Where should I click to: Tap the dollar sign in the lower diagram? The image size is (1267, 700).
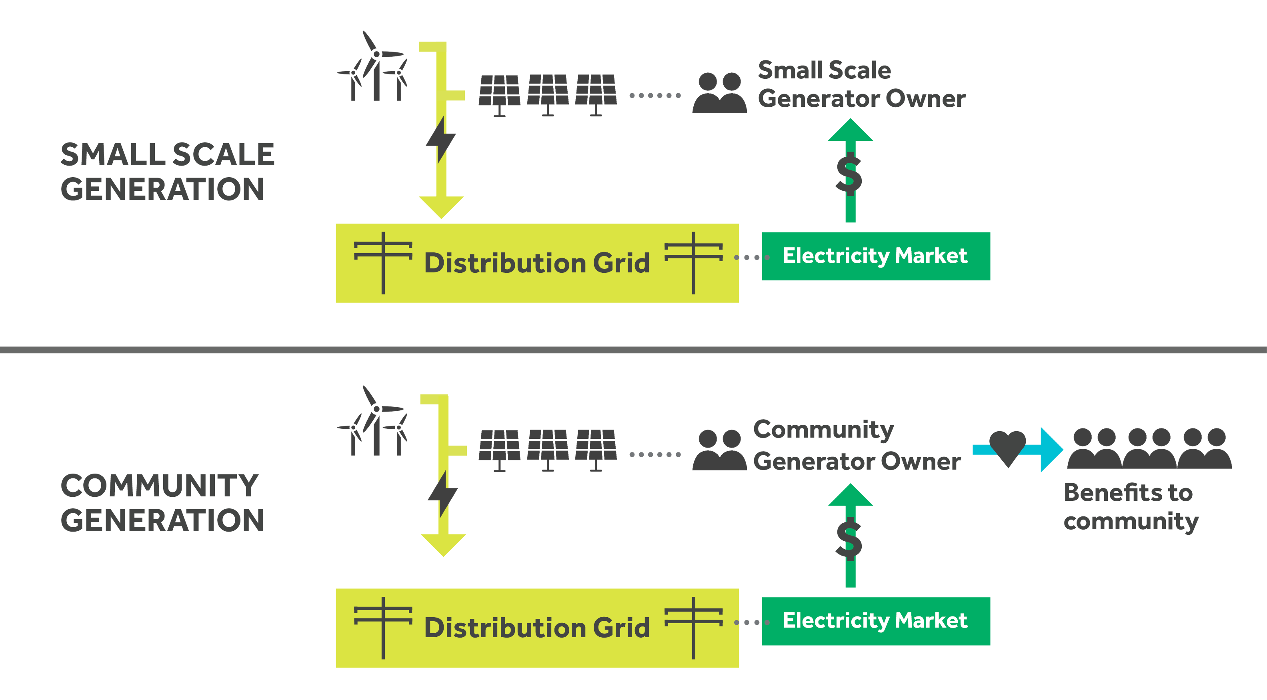849,539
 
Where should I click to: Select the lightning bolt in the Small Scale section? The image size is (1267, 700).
441,140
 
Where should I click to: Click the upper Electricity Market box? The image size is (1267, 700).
875,256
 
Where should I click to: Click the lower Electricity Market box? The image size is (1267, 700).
875,621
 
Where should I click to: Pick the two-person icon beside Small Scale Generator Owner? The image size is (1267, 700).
719,94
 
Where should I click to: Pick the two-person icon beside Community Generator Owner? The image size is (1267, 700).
719,450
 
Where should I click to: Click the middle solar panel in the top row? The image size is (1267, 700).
547,94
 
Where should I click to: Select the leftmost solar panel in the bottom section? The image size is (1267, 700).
499,449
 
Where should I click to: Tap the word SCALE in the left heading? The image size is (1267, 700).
223,154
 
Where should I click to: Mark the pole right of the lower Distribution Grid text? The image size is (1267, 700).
693,628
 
